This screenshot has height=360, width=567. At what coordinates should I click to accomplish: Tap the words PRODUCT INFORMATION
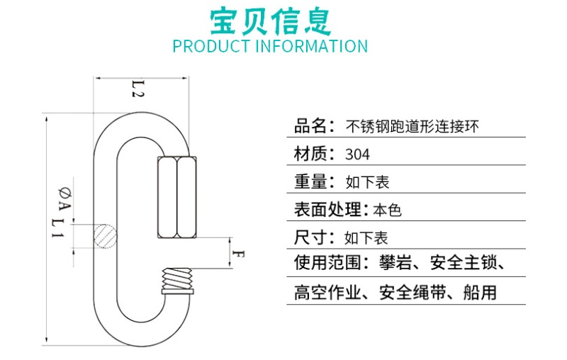(x=271, y=47)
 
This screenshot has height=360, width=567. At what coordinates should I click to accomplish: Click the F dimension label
(x=240, y=254)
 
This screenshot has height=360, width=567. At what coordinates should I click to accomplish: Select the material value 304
(x=358, y=154)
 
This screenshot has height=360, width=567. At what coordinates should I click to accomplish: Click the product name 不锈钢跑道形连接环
(x=412, y=128)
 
